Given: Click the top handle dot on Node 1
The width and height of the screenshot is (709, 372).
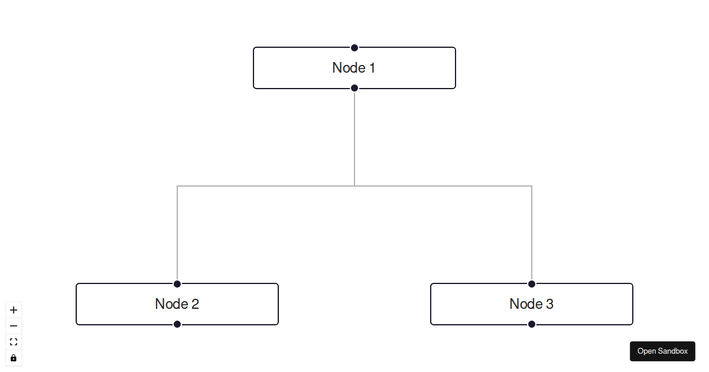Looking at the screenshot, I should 354,48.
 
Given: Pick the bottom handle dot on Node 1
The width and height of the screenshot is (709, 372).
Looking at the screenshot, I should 354,88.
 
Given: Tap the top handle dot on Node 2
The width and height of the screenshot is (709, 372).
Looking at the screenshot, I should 177,284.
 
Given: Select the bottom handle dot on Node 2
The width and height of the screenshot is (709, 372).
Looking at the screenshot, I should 177,324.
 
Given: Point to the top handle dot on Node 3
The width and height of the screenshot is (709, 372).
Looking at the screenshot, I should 532,284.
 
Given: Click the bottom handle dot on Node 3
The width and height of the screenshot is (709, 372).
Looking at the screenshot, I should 532,324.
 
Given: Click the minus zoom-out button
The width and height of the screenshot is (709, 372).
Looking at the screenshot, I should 14,326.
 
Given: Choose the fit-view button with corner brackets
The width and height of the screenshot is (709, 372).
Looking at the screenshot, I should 14,342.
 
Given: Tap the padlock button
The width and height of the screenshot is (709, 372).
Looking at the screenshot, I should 14,358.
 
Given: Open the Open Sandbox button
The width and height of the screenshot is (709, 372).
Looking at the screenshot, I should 662,351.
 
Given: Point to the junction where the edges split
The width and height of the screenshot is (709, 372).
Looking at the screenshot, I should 354,186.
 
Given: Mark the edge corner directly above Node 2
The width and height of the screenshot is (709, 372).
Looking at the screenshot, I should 177,186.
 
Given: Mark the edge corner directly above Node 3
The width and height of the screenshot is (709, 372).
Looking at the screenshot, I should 532,186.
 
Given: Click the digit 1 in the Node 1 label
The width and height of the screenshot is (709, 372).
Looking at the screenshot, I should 372,68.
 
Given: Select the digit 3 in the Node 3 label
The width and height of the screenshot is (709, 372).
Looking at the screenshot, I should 549,304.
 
